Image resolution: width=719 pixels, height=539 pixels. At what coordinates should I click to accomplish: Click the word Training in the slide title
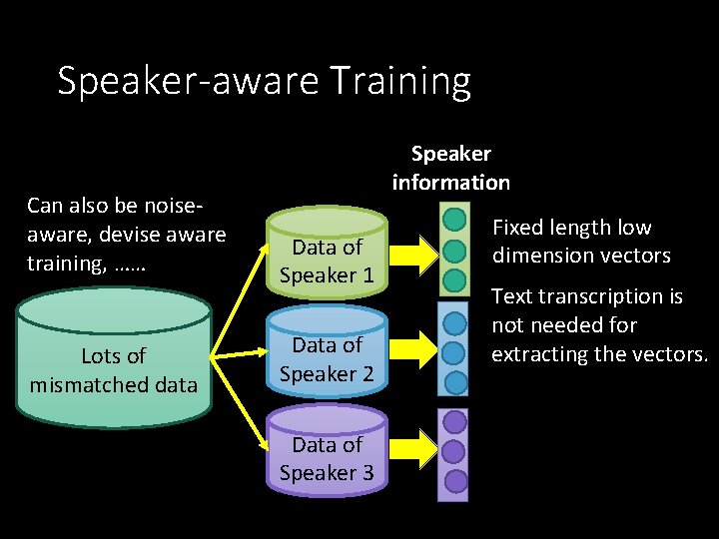coord(400,82)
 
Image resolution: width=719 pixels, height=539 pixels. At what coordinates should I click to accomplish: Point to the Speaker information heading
coord(451,168)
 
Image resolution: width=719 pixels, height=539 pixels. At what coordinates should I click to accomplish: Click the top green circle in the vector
coord(454,218)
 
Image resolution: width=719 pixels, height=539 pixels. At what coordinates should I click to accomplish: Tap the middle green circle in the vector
coord(454,249)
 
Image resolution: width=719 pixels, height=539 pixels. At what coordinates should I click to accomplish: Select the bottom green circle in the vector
coord(454,279)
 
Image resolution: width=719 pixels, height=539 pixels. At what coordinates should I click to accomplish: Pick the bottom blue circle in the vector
coord(454,382)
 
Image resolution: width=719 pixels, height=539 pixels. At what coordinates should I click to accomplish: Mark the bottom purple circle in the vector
coord(454,481)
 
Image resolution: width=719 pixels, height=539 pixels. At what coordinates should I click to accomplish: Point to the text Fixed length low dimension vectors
coord(581,242)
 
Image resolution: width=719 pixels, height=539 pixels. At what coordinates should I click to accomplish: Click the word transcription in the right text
coord(602,296)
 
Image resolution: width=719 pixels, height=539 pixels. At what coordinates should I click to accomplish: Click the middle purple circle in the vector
coord(454,451)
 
